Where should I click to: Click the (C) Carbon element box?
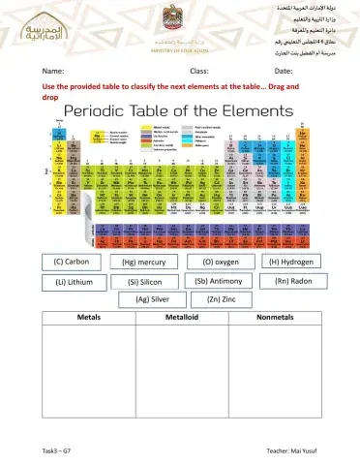pyautogui.click(x=72, y=263)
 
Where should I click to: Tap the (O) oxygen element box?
pyautogui.click(x=220, y=262)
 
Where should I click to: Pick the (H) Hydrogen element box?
pyautogui.click(x=291, y=262)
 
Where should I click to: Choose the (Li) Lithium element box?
pyautogui.click(x=73, y=283)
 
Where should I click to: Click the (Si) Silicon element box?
pyautogui.click(x=145, y=283)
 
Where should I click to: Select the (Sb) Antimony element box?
pyautogui.click(x=220, y=282)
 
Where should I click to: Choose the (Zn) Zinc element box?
pyautogui.click(x=222, y=300)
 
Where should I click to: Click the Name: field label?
pyautogui.click(x=53, y=72)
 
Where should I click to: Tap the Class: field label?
pyautogui.click(x=199, y=72)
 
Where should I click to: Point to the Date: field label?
pyautogui.click(x=284, y=72)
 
